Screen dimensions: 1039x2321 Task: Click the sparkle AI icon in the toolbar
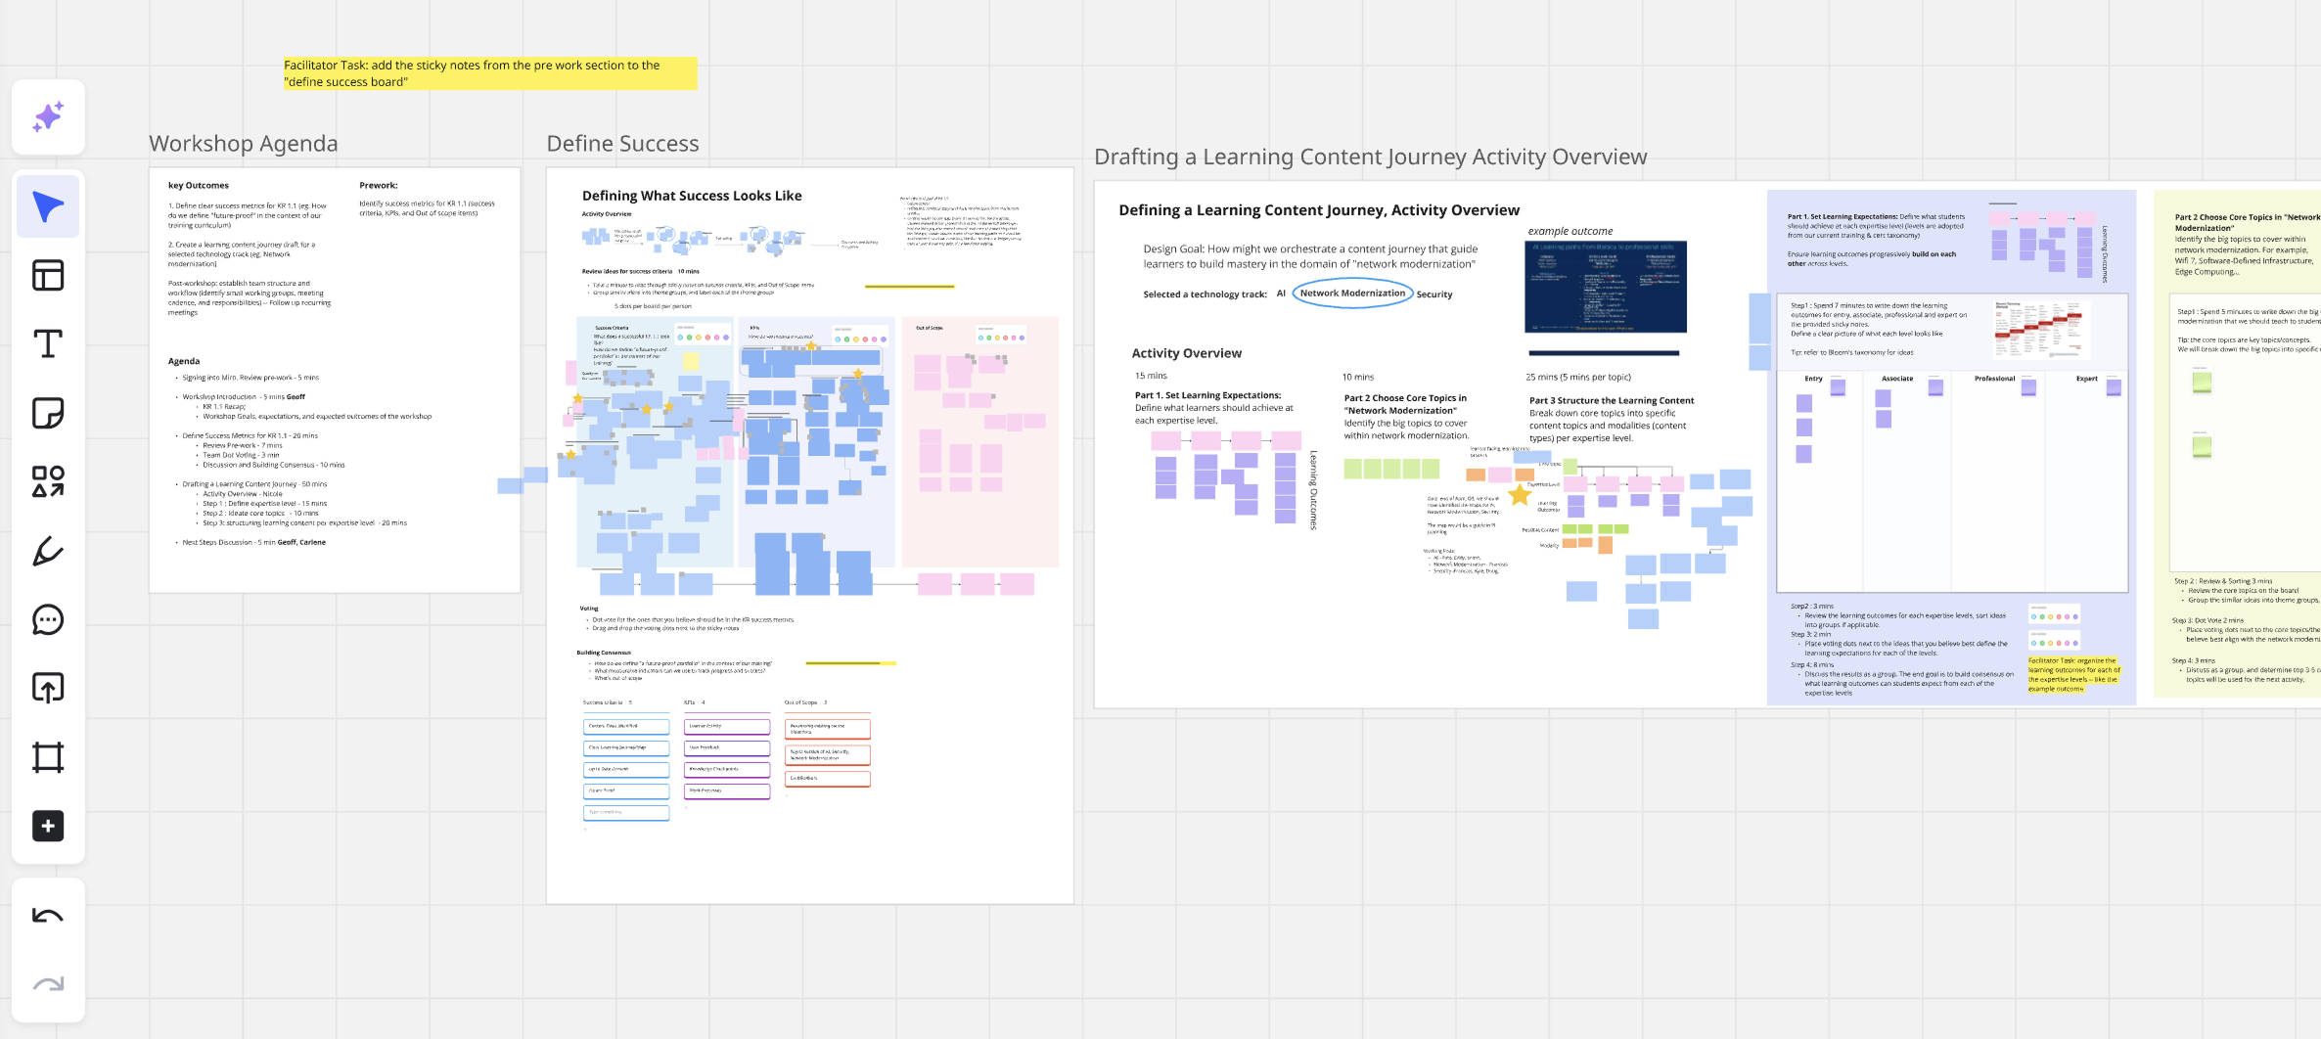(48, 117)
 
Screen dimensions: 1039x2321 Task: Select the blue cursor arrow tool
(48, 206)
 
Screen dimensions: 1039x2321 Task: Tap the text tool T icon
(48, 344)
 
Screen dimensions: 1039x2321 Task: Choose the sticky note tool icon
(48, 413)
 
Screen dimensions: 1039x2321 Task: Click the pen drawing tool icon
(48, 552)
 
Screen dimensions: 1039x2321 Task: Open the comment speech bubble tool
(48, 620)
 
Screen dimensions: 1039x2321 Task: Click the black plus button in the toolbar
(48, 826)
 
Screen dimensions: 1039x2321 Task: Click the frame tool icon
(48, 757)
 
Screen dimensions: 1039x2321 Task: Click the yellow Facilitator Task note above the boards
(489, 73)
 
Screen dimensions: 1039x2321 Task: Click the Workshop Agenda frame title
(243, 144)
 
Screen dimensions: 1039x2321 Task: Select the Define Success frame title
(622, 144)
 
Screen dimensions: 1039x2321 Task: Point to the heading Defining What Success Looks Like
(692, 196)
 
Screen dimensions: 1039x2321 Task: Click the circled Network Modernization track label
(1352, 294)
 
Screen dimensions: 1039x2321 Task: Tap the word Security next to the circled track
(1434, 294)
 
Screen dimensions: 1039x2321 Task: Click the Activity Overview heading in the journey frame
(1186, 353)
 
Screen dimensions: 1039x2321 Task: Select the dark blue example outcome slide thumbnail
(1605, 288)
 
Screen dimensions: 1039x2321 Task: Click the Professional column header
(1994, 379)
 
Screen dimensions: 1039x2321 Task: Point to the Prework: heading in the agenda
(378, 185)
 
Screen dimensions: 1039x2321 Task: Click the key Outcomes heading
(199, 185)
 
